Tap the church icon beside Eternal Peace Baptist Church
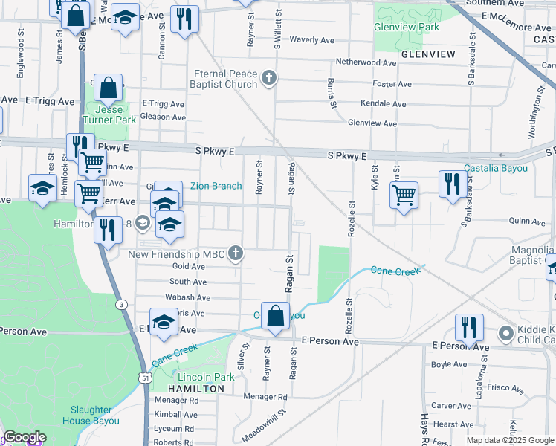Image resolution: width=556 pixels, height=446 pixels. (x=269, y=77)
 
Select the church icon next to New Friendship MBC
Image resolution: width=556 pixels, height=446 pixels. (x=236, y=253)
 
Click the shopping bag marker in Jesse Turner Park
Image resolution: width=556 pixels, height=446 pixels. (x=108, y=88)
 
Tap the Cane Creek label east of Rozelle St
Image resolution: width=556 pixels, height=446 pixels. (x=395, y=271)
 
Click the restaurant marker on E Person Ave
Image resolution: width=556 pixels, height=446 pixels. (x=469, y=326)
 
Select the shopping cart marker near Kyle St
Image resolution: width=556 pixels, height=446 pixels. (x=404, y=195)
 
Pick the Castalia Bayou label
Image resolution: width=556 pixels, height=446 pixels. (x=496, y=169)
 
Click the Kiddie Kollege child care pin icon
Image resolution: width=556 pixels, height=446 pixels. (x=506, y=332)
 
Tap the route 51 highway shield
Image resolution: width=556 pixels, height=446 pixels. (x=143, y=378)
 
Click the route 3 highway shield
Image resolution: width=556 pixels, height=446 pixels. (x=120, y=304)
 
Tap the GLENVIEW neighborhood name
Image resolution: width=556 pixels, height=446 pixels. (x=427, y=54)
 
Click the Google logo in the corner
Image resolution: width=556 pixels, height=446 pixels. (x=25, y=437)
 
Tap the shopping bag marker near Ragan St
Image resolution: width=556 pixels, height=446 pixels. (x=275, y=315)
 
